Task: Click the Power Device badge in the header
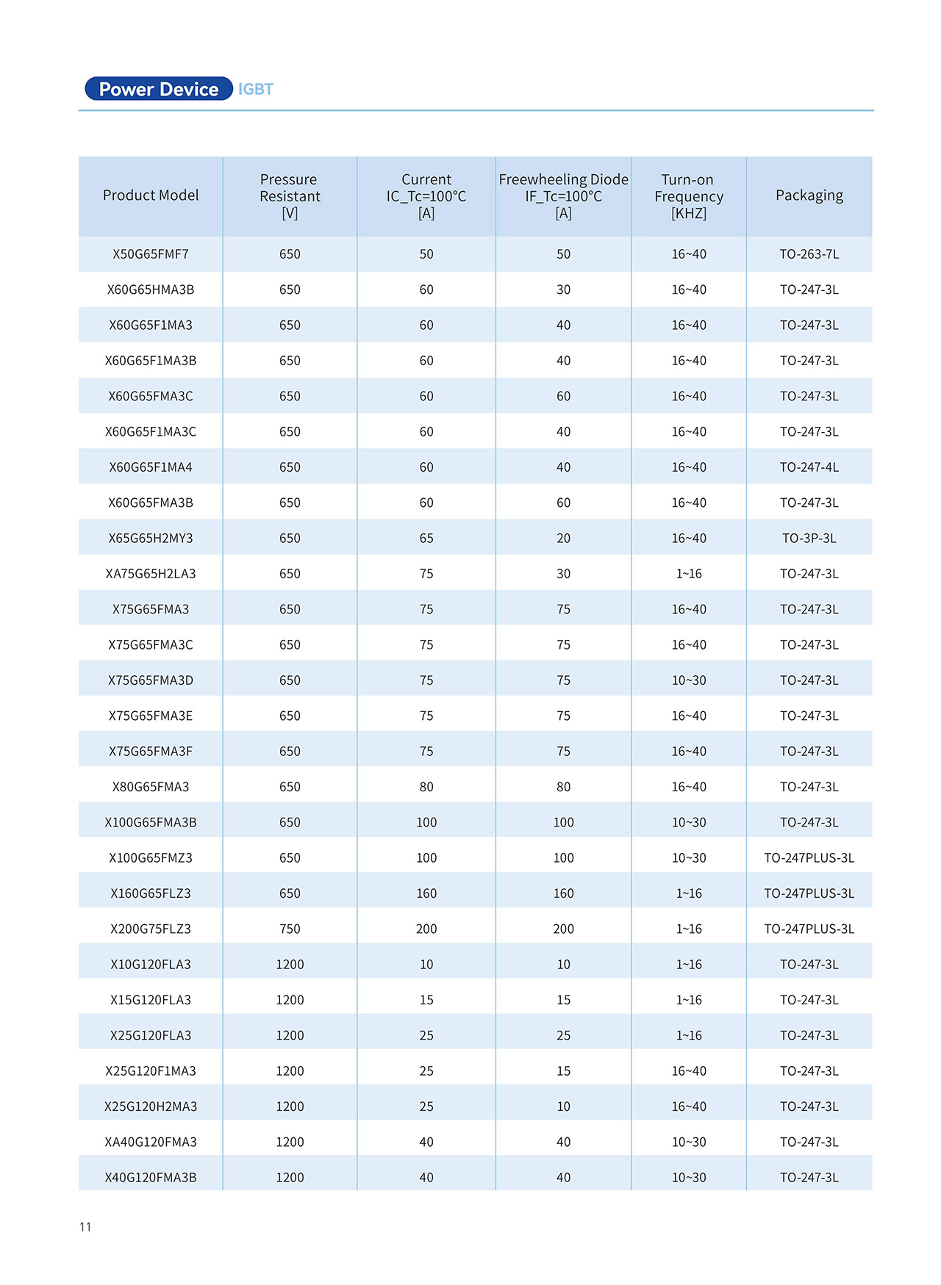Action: click(x=158, y=89)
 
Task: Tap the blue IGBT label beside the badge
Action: click(x=255, y=89)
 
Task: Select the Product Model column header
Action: click(x=151, y=195)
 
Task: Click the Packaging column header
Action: click(x=809, y=195)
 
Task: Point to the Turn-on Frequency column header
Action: click(x=688, y=196)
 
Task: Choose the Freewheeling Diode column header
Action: click(x=563, y=196)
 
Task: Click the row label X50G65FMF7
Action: click(x=151, y=254)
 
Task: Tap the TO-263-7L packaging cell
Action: click(x=809, y=254)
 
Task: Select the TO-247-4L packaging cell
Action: click(x=809, y=467)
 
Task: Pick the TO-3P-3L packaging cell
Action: click(x=809, y=539)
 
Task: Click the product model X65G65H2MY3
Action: click(x=151, y=539)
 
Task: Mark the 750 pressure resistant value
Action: click(x=290, y=929)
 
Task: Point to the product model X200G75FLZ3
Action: click(x=151, y=929)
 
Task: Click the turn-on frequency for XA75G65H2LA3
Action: click(x=688, y=574)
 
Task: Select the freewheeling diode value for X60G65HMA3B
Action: click(x=563, y=289)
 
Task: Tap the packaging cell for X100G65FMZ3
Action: click(x=809, y=858)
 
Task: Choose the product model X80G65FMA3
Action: click(x=151, y=787)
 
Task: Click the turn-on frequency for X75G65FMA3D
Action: click(x=688, y=680)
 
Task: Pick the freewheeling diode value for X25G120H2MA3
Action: click(x=563, y=1106)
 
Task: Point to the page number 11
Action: click(x=85, y=1226)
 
